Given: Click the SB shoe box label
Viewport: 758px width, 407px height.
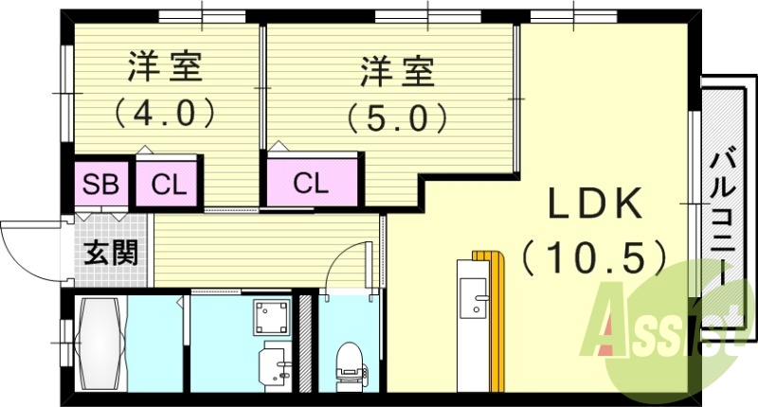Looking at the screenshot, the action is pos(100,184).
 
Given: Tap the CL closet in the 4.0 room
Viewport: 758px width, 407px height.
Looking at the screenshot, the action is pos(168,184).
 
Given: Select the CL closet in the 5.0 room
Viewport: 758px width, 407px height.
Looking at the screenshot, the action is pos(313,183).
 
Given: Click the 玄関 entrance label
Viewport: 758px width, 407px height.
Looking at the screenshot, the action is pos(111,253).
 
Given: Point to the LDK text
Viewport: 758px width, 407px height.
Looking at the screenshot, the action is pos(595,203).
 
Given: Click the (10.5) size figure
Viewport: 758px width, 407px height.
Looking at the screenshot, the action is pos(595,257).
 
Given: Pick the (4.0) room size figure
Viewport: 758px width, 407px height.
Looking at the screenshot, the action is pos(164,113).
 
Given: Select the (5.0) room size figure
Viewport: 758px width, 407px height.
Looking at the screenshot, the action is pos(397,117).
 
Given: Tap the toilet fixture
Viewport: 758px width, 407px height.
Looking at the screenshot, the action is pos(349,363).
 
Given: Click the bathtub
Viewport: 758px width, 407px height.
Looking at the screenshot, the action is pos(100,344).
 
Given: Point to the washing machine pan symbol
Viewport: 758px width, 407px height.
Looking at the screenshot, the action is pos(272,317).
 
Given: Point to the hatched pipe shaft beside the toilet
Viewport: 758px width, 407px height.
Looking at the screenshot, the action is pos(305,343).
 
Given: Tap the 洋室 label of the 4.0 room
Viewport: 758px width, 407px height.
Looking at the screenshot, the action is pos(165,67).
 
